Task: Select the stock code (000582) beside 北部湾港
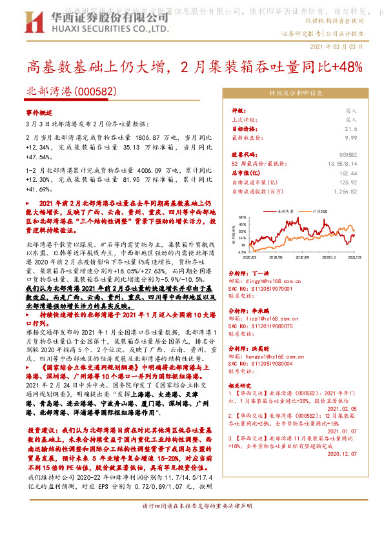click(x=97, y=93)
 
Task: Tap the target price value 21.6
click(x=350, y=128)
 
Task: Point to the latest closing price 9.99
click(x=350, y=137)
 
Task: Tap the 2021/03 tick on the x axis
click(x=354, y=257)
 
